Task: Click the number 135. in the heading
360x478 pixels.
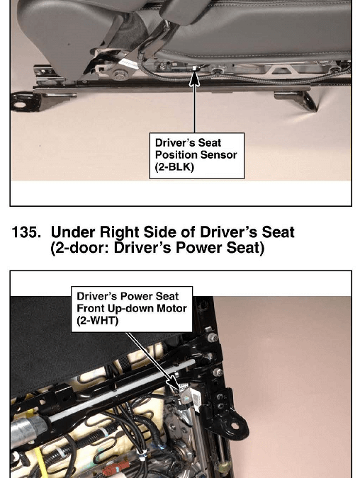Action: [26, 232]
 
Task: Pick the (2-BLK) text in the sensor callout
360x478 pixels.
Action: [174, 167]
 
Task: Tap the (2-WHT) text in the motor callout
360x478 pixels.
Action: [97, 321]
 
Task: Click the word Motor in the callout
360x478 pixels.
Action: [171, 308]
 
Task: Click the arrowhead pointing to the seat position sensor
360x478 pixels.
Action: [195, 78]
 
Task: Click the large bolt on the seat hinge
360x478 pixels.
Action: [120, 74]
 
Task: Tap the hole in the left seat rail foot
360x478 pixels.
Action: [21, 105]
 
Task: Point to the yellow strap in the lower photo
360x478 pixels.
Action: [38, 460]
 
